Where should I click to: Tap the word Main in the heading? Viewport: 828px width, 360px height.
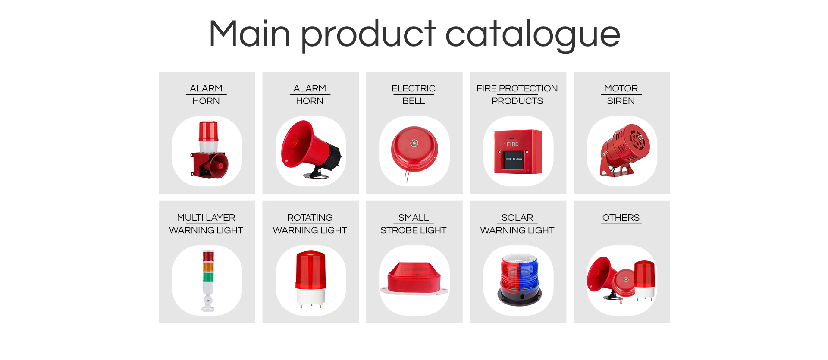(250, 34)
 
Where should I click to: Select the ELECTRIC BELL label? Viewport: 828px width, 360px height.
(414, 94)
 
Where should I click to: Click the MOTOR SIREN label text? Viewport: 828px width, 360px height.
(621, 94)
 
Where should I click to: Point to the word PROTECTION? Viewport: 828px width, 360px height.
(528, 88)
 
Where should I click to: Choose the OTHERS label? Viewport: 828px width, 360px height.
(621, 218)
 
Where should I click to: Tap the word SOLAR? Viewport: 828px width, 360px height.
(517, 218)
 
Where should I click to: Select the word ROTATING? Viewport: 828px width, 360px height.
(310, 218)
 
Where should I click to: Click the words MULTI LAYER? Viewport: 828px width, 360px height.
(206, 218)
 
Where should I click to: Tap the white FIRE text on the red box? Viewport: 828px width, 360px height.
(512, 144)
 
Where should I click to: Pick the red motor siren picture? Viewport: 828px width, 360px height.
(624, 150)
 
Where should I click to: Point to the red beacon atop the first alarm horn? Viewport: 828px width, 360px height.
(208, 131)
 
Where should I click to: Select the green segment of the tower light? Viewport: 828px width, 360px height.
(208, 276)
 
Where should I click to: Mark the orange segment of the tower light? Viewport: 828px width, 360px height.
(208, 266)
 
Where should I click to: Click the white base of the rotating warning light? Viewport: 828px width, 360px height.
(310, 296)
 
